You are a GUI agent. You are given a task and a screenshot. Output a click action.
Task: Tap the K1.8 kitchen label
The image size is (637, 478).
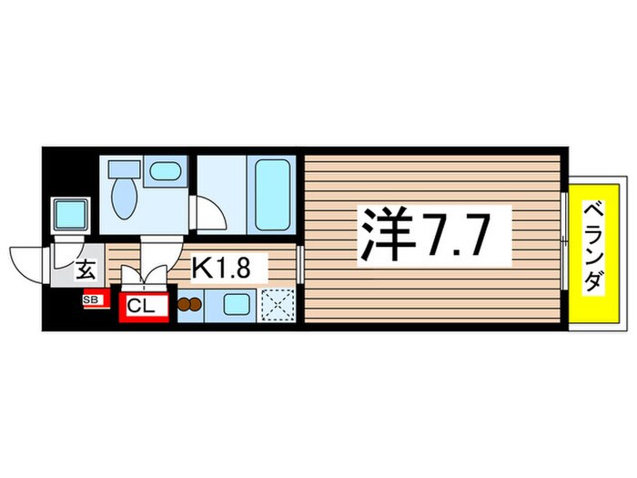pos(228,268)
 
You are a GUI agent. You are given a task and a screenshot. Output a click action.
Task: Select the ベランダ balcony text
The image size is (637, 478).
pos(591,247)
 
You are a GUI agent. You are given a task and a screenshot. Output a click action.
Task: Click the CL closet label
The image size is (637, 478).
pos(141,306)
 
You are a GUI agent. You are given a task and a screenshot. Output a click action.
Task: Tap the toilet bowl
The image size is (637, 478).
pos(123,200)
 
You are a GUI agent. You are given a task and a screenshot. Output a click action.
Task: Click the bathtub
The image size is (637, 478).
pos(273,194)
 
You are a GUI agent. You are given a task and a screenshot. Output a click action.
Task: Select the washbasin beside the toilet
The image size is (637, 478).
pos(164,170)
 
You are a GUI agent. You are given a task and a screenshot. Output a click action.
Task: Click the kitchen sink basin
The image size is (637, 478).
pos(238,305)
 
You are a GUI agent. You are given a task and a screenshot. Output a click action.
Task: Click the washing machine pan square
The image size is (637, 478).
pos(68,214)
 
